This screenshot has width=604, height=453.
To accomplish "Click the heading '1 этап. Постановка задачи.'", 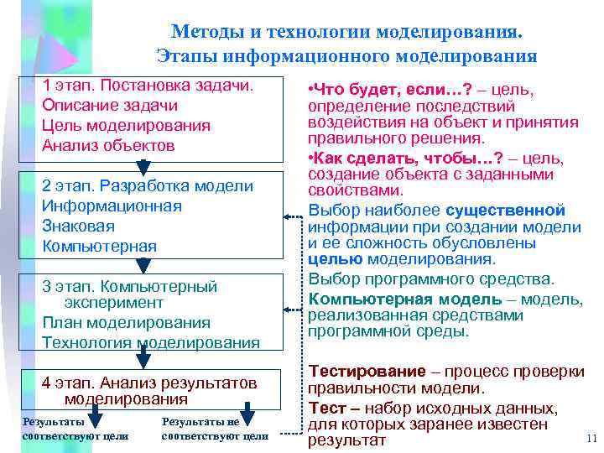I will point(148,86).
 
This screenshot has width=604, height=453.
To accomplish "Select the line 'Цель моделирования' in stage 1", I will point(126,126).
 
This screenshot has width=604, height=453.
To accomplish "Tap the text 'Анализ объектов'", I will point(108,145).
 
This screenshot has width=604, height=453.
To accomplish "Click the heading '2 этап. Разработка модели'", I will point(148,186).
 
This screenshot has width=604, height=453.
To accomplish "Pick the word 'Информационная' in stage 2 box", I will point(112,206).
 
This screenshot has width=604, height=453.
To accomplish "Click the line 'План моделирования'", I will point(126,323).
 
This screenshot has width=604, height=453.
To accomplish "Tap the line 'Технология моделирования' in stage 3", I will point(151,342).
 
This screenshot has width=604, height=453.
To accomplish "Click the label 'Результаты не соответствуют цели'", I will point(215,429).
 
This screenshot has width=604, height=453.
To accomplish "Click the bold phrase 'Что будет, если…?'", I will point(377,89).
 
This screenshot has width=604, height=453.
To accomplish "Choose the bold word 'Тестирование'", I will point(367,372).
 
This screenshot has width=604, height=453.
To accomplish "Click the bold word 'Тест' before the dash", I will point(325,408).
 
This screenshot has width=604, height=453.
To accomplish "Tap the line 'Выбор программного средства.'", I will point(431,279).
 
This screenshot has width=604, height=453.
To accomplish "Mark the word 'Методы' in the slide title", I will point(206,32).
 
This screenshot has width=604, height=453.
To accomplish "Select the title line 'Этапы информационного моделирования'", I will point(346,57).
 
